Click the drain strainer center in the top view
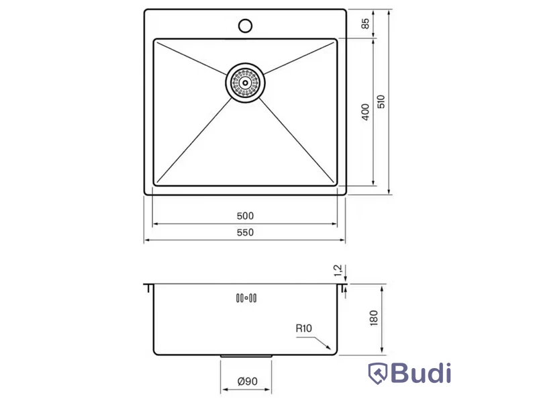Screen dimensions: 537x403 245,83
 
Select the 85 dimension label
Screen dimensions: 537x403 365,24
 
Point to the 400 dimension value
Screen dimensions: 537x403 365,112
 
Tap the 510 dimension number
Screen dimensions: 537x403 381,102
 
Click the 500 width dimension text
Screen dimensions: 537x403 245,216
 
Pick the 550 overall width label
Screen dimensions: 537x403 245,232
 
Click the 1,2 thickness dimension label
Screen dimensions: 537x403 338,271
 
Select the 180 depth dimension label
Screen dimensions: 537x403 374,318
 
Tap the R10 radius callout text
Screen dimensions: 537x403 304,328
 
